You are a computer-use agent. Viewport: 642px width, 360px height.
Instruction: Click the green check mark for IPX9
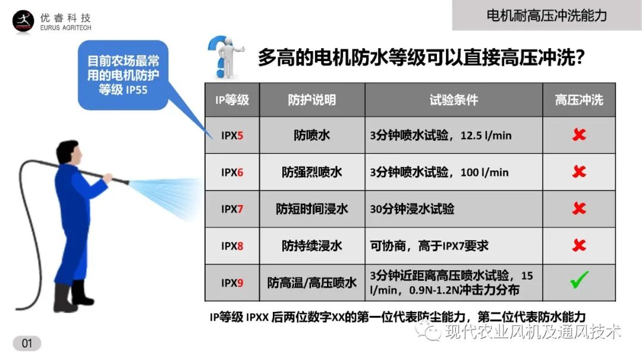(578, 280)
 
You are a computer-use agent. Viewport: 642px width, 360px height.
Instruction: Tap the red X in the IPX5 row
(578, 135)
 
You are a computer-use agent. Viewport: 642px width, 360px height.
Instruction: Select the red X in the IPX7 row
(578, 209)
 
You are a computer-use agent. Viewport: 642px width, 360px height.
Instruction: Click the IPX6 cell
(232, 172)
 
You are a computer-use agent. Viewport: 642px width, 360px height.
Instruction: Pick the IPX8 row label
(232, 245)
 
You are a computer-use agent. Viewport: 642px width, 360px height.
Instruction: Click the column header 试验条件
(454, 100)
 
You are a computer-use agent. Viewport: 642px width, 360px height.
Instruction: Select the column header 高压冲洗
(578, 100)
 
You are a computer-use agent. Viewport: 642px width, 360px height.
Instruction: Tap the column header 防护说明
(312, 100)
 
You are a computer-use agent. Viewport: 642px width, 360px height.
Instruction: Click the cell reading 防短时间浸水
(312, 209)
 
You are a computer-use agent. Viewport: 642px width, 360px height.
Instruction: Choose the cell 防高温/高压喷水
(312, 282)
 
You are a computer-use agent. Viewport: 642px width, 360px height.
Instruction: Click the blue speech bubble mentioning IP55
(123, 75)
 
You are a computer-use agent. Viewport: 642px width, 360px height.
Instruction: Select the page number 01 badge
(27, 343)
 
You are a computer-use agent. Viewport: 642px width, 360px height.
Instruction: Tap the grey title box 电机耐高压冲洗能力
(546, 15)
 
